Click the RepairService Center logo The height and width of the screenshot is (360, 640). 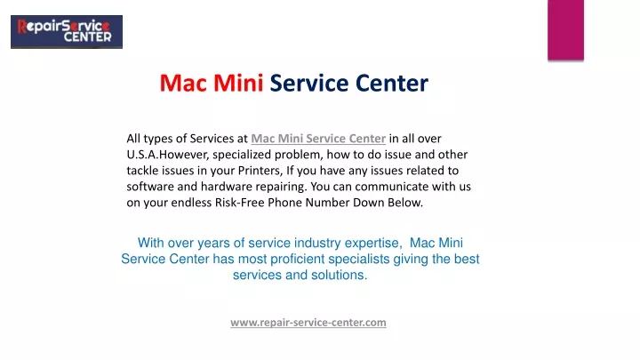tap(67, 32)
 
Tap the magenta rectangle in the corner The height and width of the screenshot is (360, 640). tap(565, 30)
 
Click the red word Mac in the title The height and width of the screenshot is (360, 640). tap(184, 83)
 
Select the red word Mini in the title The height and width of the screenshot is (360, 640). tap(238, 83)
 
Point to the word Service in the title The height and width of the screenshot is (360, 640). tap(309, 83)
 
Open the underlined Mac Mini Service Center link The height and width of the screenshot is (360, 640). tap(318, 139)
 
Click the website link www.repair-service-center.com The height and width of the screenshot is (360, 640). tap(308, 323)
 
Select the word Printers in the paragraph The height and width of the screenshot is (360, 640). tap(260, 171)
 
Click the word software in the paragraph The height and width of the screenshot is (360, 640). tap(150, 187)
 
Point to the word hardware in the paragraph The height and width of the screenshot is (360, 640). tap(227, 187)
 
